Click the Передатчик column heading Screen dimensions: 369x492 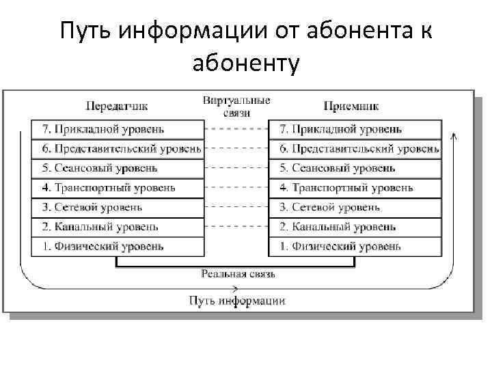coord(117,106)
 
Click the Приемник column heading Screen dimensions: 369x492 coord(351,106)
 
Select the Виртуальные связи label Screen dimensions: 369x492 coord(236,106)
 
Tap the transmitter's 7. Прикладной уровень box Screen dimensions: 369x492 coord(118,129)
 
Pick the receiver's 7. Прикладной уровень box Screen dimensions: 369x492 coord(355,129)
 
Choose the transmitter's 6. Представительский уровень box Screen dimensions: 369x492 coord(118,149)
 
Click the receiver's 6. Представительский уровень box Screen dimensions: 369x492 coord(355,149)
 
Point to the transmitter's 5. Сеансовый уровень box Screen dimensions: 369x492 coord(118,168)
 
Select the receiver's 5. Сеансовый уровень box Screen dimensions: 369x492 coord(355,168)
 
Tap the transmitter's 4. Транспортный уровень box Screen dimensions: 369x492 coord(118,188)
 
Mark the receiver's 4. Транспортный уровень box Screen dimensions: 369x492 coord(355,188)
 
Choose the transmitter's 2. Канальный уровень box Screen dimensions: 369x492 coord(118,227)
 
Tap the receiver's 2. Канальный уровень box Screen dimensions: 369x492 coord(355,227)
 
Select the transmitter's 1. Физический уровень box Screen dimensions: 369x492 coord(118,247)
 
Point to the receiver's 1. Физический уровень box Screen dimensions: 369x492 coord(355,247)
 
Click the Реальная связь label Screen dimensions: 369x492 coord(238,274)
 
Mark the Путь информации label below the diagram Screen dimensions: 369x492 coord(237,301)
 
